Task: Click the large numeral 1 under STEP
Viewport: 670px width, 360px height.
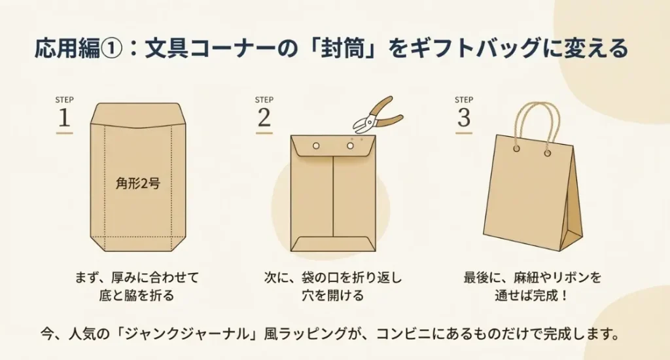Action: (x=64, y=118)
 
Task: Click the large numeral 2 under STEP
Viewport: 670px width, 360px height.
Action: (x=264, y=118)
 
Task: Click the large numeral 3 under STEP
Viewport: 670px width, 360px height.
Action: (x=463, y=118)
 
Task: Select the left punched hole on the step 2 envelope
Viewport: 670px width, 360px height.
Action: (x=316, y=145)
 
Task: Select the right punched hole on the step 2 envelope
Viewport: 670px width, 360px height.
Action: (x=350, y=145)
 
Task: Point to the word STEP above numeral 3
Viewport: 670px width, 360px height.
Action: (x=463, y=99)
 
